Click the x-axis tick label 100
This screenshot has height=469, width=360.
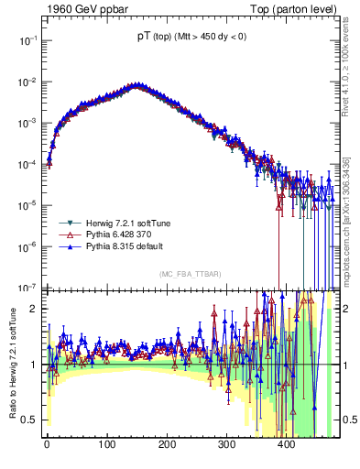pyautogui.click(x=106, y=445)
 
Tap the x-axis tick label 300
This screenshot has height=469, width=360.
pyautogui.click(x=226, y=445)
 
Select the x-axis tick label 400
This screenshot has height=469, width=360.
pyautogui.click(x=286, y=445)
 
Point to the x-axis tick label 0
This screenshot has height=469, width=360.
pyautogui.click(x=47, y=445)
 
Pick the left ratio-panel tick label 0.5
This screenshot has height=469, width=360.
pyautogui.click(x=29, y=420)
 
